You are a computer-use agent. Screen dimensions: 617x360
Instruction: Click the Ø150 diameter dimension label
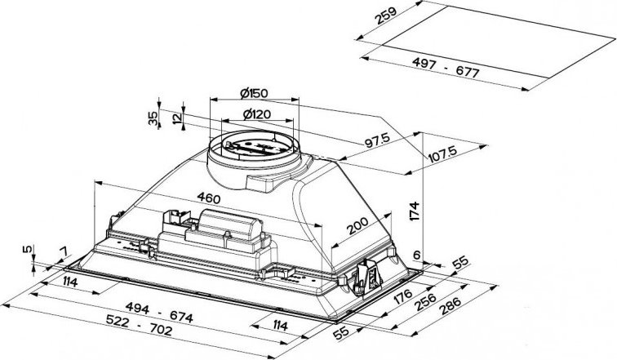coord(254,93)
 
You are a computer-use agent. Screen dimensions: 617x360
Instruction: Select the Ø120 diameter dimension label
coord(257,114)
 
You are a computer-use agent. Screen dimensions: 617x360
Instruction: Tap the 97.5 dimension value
coord(377,140)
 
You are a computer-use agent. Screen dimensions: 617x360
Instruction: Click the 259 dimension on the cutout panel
coord(385,16)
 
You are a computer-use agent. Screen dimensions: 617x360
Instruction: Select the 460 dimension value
coord(209,198)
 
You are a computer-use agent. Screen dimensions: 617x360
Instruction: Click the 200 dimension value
coord(357,226)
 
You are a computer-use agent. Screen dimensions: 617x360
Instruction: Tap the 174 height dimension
coord(415,211)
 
